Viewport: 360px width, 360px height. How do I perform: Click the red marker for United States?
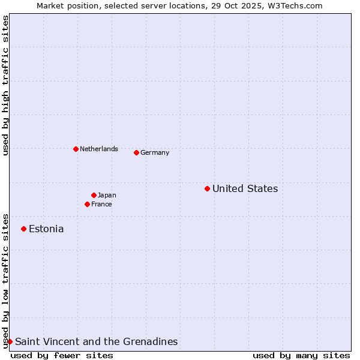(x=207, y=188)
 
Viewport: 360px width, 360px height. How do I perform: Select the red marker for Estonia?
(x=23, y=229)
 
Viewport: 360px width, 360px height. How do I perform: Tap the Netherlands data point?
(x=76, y=149)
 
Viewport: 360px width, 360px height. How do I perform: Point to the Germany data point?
(x=136, y=152)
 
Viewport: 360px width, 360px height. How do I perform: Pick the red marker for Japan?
(x=94, y=195)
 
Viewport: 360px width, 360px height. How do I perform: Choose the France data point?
(x=87, y=204)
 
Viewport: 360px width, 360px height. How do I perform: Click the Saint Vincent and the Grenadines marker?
(x=10, y=341)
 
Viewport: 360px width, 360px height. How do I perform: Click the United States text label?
(x=245, y=189)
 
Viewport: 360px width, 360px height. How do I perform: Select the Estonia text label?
(x=46, y=229)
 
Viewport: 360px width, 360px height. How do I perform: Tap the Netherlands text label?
(x=98, y=149)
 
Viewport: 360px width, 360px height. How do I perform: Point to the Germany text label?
(x=155, y=153)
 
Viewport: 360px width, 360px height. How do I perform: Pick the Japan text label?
(x=107, y=196)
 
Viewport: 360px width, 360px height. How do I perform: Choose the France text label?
(x=101, y=205)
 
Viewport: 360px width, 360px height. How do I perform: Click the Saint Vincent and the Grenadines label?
(x=96, y=342)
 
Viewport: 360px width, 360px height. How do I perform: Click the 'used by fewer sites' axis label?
(x=62, y=355)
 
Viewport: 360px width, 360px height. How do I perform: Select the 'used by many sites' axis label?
(x=301, y=355)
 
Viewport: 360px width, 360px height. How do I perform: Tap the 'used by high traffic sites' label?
(x=5, y=86)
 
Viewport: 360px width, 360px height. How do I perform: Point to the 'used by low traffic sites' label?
(x=5, y=281)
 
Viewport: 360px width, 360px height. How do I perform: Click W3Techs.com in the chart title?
(x=296, y=5)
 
